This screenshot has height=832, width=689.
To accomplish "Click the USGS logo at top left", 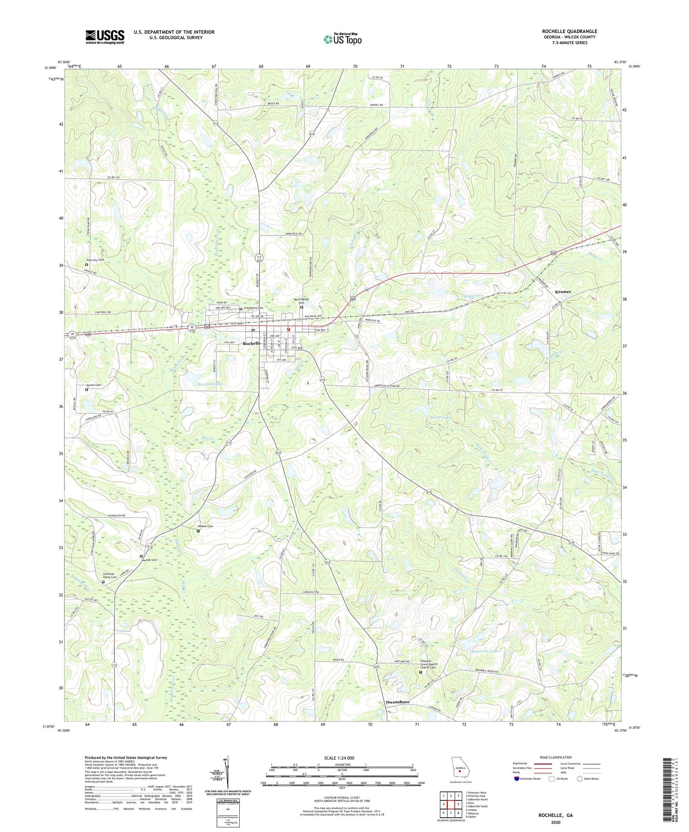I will (105, 37).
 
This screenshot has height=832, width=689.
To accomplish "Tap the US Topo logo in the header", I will (343, 39).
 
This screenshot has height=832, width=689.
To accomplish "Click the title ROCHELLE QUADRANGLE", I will (569, 32).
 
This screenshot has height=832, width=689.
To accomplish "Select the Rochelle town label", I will (252, 343).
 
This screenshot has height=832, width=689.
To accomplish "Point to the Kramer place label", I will (563, 292).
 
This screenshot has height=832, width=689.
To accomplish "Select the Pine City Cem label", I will (96, 260).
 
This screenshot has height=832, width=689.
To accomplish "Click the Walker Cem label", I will (205, 526).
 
